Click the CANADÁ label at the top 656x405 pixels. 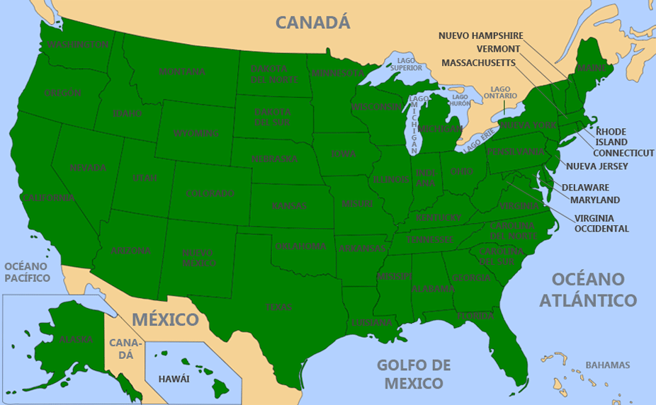(x=312, y=22)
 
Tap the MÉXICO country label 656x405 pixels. (x=164, y=319)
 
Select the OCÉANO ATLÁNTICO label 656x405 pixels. (x=587, y=290)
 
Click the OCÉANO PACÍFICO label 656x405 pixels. (x=27, y=272)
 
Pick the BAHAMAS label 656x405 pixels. (x=607, y=365)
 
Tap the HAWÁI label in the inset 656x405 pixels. (x=174, y=379)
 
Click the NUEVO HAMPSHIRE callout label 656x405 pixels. (x=480, y=35)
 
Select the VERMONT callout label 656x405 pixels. (x=498, y=49)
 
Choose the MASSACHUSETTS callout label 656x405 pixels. (x=478, y=63)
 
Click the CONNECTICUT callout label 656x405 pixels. (x=623, y=153)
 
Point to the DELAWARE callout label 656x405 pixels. (x=585, y=188)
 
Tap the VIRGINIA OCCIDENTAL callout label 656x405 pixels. (x=601, y=223)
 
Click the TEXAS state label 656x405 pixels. (x=278, y=307)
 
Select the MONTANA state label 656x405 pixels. (x=182, y=72)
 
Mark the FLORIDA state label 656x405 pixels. (x=475, y=316)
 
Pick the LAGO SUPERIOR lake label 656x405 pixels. (x=409, y=64)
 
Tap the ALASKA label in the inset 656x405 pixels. (x=76, y=339)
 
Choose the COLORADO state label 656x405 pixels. (x=210, y=193)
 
